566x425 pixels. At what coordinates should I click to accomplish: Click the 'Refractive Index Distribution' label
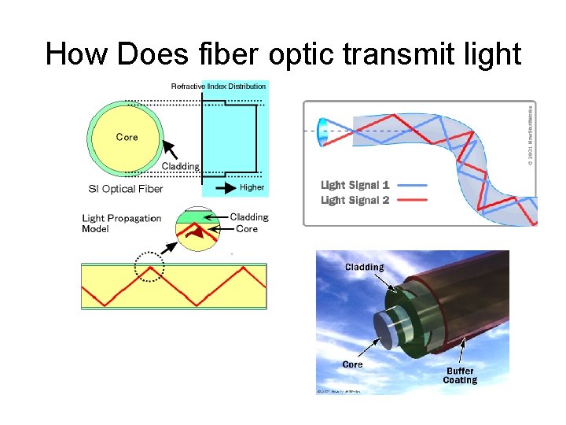pos(219,86)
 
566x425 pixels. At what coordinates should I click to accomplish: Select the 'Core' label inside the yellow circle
pos(127,137)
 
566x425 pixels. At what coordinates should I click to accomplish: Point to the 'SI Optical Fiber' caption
pos(126,189)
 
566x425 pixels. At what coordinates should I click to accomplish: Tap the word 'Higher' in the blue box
pos(252,188)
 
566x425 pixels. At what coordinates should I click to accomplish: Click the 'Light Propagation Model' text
pos(121,224)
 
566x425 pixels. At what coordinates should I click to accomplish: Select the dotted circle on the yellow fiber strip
pos(149,266)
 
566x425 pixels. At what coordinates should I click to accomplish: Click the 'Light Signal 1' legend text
pos(355,185)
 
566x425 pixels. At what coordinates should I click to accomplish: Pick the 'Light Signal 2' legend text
pos(355,200)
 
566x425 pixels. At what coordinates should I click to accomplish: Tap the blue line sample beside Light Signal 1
pos(413,185)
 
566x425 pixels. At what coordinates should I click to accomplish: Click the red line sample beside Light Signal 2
pos(413,200)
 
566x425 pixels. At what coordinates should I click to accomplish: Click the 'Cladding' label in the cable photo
pos(364,267)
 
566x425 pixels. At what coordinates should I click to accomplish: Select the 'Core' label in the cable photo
pos(352,364)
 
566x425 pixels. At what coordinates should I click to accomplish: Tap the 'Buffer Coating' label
pos(460,375)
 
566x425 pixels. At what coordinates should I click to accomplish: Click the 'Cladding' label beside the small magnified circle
pos(249,217)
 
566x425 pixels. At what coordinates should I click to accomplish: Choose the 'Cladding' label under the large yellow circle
pos(180,166)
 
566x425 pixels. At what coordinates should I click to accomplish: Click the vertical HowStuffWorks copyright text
pos(530,135)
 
